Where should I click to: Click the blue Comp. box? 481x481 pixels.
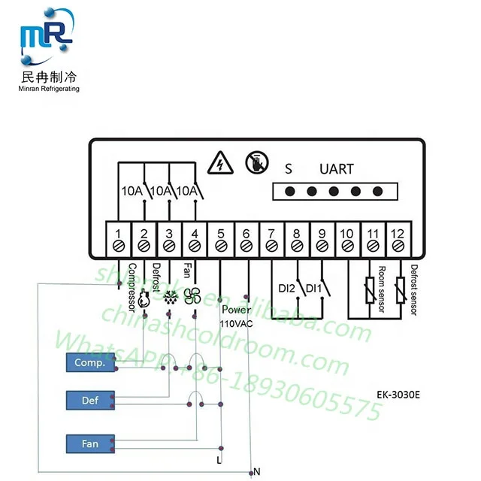click(89, 362)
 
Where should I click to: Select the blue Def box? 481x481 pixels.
click(89, 401)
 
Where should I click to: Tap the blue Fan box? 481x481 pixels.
click(89, 443)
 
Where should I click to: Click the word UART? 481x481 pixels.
click(336, 169)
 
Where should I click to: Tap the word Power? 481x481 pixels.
click(237, 309)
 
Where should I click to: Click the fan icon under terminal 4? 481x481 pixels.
click(191, 296)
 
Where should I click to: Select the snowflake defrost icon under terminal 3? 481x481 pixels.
click(169, 296)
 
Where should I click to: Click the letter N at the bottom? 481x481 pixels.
click(257, 471)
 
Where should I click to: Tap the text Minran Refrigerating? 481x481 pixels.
click(48, 89)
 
